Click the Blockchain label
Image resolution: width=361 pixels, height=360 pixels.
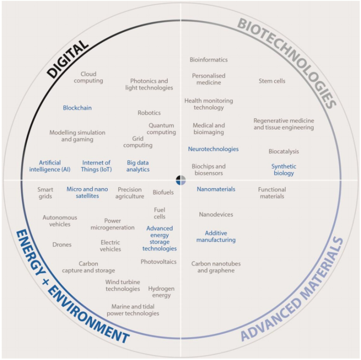click(x=77, y=108)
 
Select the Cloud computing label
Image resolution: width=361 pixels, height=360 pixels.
click(x=88, y=77)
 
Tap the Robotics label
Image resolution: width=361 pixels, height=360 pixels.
click(x=149, y=113)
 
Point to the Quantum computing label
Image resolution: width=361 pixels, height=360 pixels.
click(x=161, y=129)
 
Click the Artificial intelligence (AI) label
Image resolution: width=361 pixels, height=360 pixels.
click(x=50, y=166)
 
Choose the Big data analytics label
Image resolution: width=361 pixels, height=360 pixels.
click(x=138, y=166)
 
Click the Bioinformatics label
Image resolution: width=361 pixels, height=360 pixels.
click(x=209, y=60)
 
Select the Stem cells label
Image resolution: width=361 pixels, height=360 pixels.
click(x=272, y=81)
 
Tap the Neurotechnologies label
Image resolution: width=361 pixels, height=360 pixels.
click(x=213, y=149)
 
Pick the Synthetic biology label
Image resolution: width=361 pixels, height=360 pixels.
click(x=284, y=170)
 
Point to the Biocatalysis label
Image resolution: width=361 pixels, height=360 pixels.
click(x=284, y=152)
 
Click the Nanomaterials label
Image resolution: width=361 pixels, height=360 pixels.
click(x=216, y=189)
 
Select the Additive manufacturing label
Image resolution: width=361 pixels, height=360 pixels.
click(x=216, y=237)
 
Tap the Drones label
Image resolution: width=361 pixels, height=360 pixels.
click(x=62, y=245)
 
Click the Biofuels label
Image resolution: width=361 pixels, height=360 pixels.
click(x=163, y=192)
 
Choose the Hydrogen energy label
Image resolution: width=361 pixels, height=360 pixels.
click(x=161, y=292)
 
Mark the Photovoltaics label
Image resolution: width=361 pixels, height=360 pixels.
click(x=159, y=262)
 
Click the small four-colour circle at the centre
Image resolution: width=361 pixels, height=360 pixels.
click(x=180, y=180)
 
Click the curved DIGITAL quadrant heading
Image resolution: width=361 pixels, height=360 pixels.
click(x=67, y=59)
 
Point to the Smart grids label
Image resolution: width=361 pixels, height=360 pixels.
click(x=45, y=193)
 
